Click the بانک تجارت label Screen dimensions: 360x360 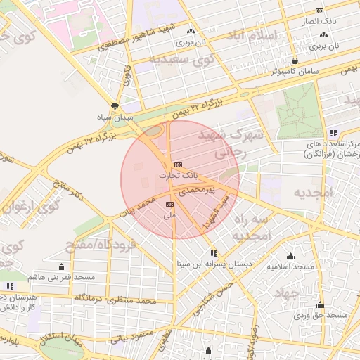pyautogui.click(x=179, y=174)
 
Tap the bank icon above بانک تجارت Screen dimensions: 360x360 pyautogui.click(x=176, y=165)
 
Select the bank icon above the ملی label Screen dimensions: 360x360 pyautogui.click(x=169, y=204)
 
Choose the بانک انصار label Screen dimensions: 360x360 pyautogui.click(x=336, y=21)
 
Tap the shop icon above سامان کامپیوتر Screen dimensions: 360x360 pyautogui.click(x=295, y=61)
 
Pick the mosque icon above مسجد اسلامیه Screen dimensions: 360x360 pyautogui.click(x=290, y=256)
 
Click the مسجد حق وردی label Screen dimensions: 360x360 pyautogui.click(x=323, y=315)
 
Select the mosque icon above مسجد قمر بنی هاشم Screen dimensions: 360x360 pyautogui.click(x=61, y=266)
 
